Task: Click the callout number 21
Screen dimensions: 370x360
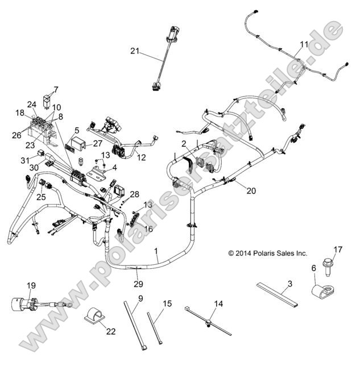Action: [134, 51]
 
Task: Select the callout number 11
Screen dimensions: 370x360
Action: [304, 44]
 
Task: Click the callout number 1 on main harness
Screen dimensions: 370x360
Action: [156, 251]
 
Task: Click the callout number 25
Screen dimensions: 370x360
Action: [40, 197]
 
